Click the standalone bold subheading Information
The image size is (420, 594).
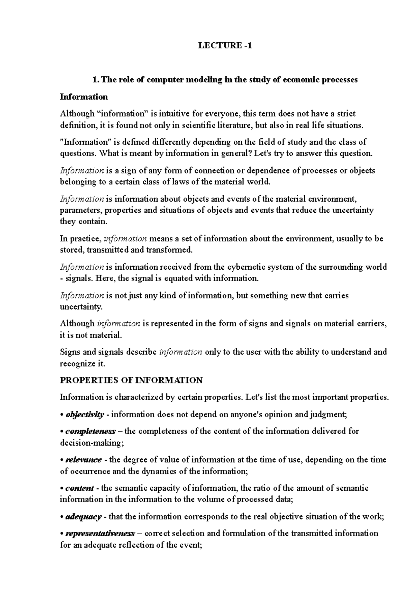pos(84,97)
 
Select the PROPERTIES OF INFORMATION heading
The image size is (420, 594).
pos(131,380)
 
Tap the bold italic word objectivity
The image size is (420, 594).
pos(85,415)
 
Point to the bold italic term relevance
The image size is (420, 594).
pos(83,460)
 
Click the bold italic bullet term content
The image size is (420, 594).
pos(79,488)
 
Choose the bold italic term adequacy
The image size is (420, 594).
pos(83,516)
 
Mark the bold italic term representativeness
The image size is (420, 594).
pos(100,533)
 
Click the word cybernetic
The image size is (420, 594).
pos(245,267)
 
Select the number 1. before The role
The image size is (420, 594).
pos(95,80)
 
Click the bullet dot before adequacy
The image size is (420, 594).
pos(62,517)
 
